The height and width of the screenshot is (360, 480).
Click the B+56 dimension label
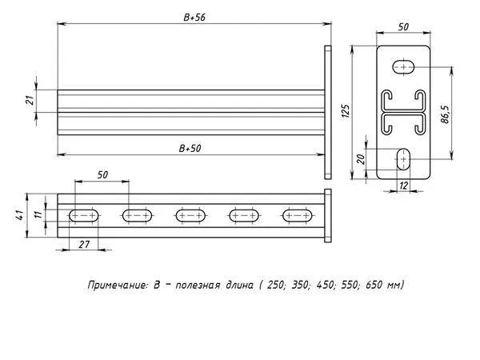194,18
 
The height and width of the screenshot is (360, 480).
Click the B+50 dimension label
190,149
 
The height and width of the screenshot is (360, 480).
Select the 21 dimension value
30,101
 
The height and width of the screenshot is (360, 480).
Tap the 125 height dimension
346,111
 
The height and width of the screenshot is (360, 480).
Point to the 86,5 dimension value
446,114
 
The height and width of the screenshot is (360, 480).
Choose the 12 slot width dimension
404,186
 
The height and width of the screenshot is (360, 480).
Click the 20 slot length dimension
362,159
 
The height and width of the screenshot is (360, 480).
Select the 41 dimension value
19,215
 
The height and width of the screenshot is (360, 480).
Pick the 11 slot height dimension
38,214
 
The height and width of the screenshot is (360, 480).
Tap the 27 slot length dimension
84,244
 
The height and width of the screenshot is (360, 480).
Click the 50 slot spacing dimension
102,174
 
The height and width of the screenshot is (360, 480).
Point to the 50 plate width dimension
403,27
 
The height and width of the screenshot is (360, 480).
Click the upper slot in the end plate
404,67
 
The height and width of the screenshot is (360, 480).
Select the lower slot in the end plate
404,159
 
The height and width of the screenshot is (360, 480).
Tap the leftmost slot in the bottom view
84,216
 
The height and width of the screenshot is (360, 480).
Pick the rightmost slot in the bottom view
298,216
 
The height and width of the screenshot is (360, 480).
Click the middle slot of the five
191,216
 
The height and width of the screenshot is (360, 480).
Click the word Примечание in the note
118,286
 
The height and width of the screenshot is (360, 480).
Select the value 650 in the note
374,285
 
